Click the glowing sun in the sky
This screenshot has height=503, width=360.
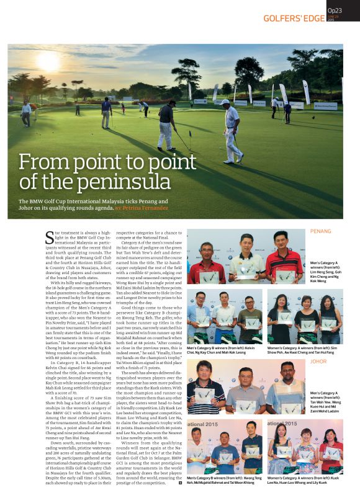pyautogui.click(x=49, y=61)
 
